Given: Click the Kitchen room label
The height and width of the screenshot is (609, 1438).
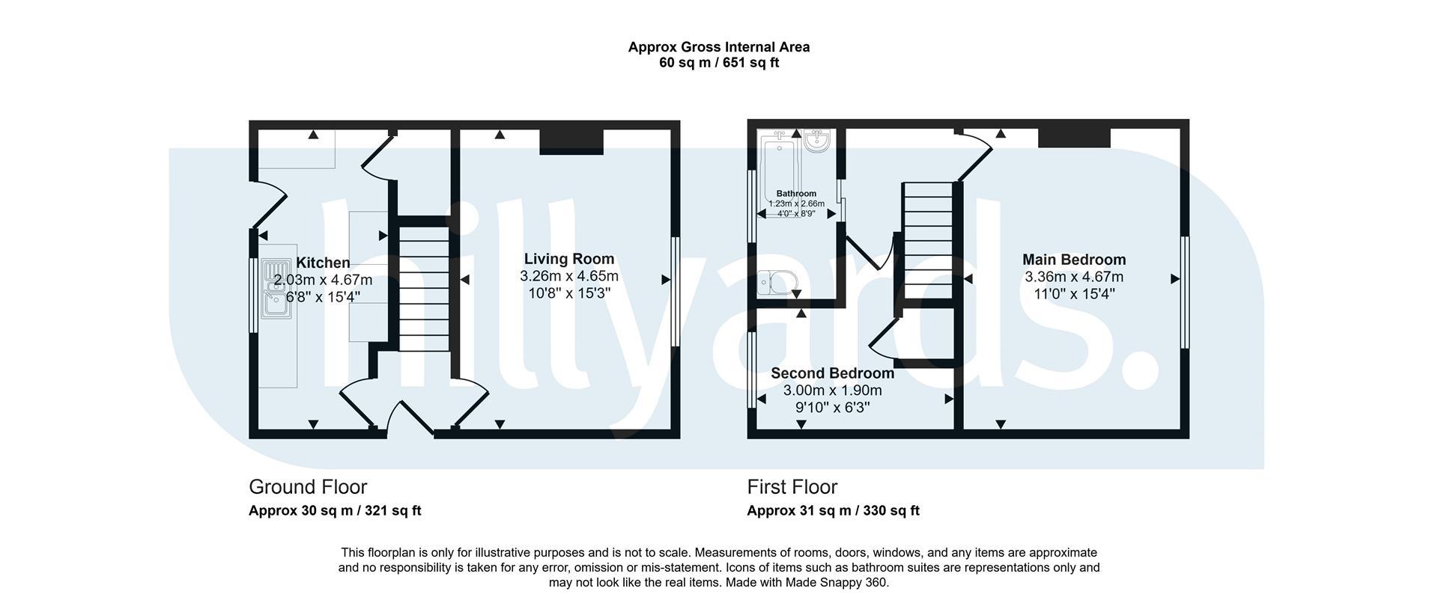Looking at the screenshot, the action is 323,263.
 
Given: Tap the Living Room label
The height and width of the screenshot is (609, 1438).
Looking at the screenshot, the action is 569,259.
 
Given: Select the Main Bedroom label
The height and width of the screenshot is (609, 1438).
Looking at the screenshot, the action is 1074,260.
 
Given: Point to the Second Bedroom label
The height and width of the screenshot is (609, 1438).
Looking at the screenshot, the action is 832,373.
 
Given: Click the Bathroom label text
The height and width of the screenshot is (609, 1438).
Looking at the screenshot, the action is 796,194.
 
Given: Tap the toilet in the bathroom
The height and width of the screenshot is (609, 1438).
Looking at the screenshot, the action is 776,284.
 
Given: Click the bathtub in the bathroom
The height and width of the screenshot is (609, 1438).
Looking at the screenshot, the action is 780,171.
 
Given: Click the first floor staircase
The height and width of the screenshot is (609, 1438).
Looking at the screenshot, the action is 928,241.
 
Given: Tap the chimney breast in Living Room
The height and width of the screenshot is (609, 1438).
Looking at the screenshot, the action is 571,141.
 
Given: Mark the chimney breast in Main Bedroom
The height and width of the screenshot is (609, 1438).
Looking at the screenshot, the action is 1074,138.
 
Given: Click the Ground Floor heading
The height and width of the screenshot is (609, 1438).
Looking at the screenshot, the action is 308,487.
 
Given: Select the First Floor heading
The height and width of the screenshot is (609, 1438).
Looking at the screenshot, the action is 792,487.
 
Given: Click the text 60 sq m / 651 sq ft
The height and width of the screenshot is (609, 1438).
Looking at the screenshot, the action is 719,63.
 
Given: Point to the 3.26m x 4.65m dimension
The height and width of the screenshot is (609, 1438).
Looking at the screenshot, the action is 569,276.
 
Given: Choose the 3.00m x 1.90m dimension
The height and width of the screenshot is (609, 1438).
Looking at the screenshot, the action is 833,391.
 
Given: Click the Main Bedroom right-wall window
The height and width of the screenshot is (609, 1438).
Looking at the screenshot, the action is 1185,293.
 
